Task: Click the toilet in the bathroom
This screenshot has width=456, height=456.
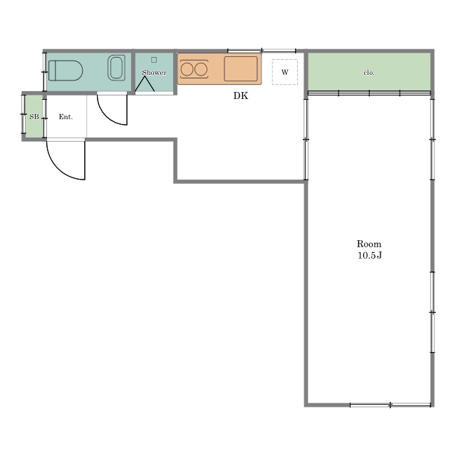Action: (x=66, y=71)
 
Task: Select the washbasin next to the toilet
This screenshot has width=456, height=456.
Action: (x=116, y=68)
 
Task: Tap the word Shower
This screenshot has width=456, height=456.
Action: (x=154, y=72)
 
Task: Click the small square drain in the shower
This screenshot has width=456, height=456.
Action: (x=154, y=60)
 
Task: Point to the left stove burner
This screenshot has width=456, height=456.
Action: (x=187, y=70)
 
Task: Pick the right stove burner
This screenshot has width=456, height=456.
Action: (x=201, y=70)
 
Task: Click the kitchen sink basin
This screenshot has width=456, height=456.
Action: (x=241, y=68)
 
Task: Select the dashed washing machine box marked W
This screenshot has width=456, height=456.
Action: (x=285, y=72)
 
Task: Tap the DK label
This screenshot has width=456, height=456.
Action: (x=241, y=95)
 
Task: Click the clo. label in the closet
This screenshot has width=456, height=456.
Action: (x=369, y=73)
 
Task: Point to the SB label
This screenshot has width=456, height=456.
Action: (x=34, y=117)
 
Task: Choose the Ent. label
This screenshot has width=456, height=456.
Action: (x=66, y=117)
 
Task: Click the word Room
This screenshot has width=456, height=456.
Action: (x=369, y=244)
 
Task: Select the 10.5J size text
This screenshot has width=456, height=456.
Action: (x=369, y=255)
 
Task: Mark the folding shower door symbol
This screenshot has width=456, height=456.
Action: (x=145, y=84)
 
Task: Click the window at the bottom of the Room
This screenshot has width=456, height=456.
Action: (x=390, y=405)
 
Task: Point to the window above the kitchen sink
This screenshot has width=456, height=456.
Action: (x=261, y=51)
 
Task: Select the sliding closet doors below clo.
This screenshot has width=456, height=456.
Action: (x=369, y=93)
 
